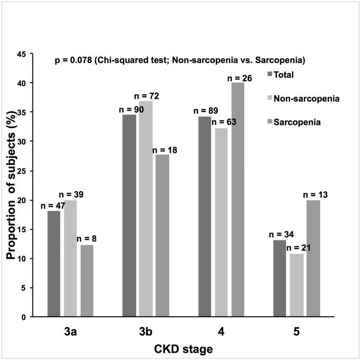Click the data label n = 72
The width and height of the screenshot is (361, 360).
click(x=147, y=96)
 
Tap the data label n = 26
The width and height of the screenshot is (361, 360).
click(x=239, y=78)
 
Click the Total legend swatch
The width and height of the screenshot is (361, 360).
click(x=270, y=74)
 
